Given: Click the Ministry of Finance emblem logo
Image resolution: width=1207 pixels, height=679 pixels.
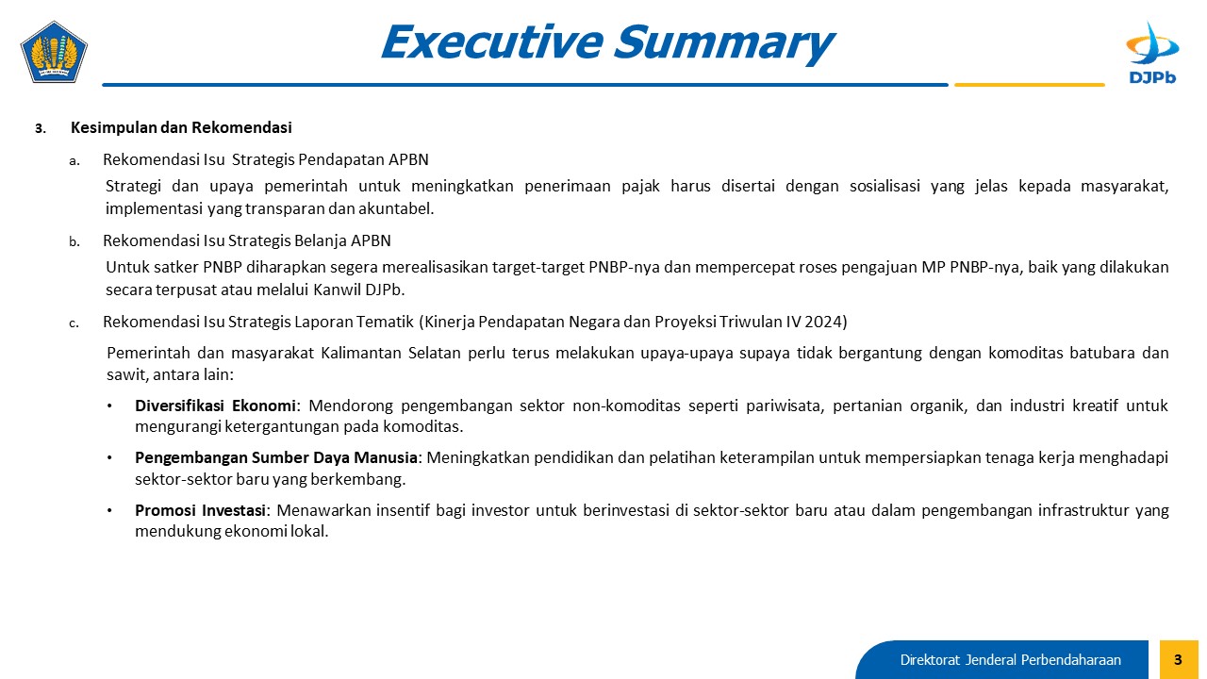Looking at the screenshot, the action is click(x=54, y=52).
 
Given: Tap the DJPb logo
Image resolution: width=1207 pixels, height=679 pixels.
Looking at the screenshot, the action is click(x=1152, y=53).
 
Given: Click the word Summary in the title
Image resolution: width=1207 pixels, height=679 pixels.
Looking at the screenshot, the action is click(x=724, y=43).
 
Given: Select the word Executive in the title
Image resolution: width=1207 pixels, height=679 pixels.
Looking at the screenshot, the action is click(x=491, y=42).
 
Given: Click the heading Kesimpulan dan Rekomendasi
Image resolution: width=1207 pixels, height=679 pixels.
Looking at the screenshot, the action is click(x=181, y=127).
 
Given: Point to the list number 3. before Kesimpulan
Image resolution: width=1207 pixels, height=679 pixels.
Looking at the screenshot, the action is click(x=41, y=129).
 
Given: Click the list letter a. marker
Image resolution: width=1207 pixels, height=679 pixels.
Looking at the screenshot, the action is click(x=74, y=160).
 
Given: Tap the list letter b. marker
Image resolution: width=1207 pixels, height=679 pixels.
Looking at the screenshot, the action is click(x=74, y=242).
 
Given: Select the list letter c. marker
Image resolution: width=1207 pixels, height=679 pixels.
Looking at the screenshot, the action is click(x=74, y=323).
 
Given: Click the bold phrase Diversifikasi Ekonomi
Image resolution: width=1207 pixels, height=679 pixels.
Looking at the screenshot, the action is click(x=215, y=406).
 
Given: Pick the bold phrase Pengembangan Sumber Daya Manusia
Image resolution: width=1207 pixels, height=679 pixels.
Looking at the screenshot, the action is click(x=276, y=457).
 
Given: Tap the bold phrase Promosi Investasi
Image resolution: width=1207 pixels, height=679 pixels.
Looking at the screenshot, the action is click(x=201, y=510).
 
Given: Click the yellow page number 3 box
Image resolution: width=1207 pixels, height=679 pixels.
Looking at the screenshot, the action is click(x=1179, y=659).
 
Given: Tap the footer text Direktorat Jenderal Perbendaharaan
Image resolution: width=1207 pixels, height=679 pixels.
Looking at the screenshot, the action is click(x=1010, y=660).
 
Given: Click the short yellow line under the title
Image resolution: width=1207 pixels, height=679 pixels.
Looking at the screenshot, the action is click(x=1029, y=85).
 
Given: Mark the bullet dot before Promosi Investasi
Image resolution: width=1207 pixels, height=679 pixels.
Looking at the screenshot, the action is click(x=109, y=510).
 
